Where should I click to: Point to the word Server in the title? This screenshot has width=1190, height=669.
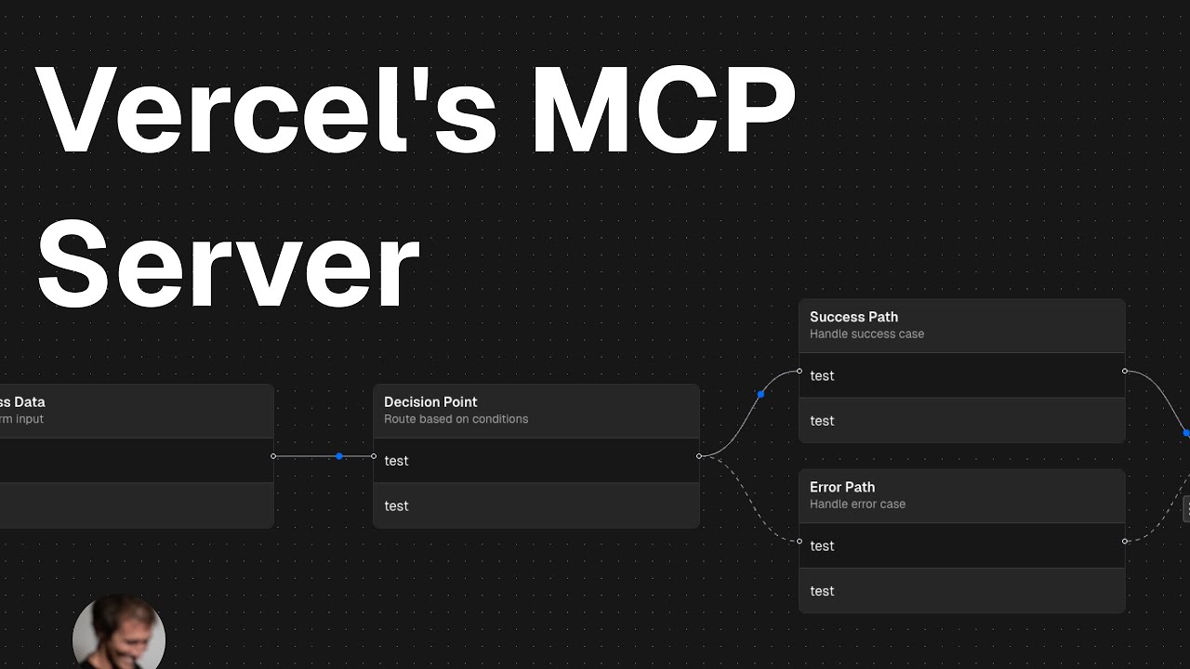click(x=228, y=265)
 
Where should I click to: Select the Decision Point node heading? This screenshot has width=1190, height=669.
click(x=430, y=402)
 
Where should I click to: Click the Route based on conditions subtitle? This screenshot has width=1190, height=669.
click(x=456, y=419)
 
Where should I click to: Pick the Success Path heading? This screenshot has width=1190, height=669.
click(x=853, y=317)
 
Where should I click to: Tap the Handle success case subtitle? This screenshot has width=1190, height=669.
click(x=866, y=334)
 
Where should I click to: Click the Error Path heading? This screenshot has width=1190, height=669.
click(x=842, y=487)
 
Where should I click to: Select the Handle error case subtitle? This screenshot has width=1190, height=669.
click(x=857, y=504)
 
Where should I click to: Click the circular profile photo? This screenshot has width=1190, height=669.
click(x=119, y=635)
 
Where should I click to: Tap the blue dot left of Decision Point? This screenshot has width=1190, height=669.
click(x=339, y=456)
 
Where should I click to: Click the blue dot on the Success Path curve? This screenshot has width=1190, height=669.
click(x=760, y=394)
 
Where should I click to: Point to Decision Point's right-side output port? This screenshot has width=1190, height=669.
click(x=699, y=456)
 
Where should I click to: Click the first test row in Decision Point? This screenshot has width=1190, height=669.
click(x=535, y=461)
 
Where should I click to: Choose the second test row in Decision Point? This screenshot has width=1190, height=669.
click(x=535, y=506)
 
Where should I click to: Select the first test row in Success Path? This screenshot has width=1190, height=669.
click(x=962, y=375)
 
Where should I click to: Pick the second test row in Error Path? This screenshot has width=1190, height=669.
click(x=962, y=591)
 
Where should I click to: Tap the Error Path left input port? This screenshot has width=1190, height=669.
click(x=800, y=541)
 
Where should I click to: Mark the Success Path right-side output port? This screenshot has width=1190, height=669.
click(x=1125, y=371)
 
